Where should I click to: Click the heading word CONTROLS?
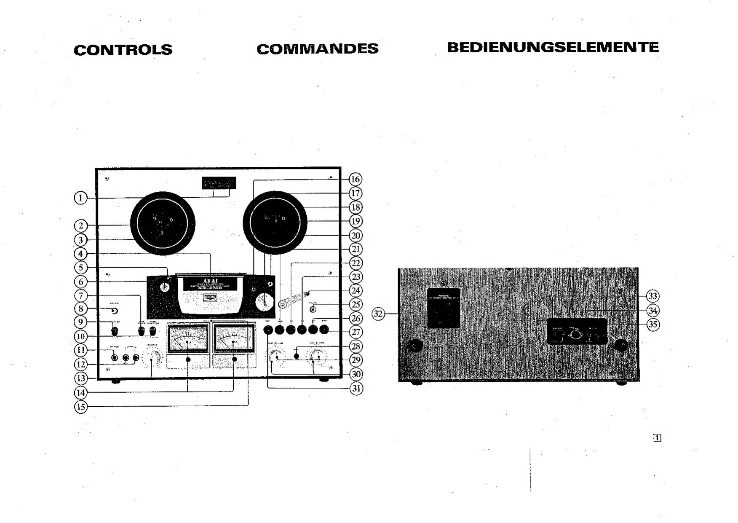click(123, 50)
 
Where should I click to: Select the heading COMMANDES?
click(317, 49)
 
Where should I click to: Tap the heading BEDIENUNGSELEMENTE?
click(553, 47)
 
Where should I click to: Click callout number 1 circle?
click(80, 198)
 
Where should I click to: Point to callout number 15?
click(80, 407)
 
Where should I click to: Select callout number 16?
click(356, 179)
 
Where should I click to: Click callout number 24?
click(356, 290)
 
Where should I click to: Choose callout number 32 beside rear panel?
click(378, 314)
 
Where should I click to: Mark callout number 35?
click(653, 325)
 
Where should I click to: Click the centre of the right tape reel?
click(275, 221)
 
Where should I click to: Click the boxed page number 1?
click(658, 438)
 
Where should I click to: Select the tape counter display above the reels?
click(219, 183)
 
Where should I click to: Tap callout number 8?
click(80, 308)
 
